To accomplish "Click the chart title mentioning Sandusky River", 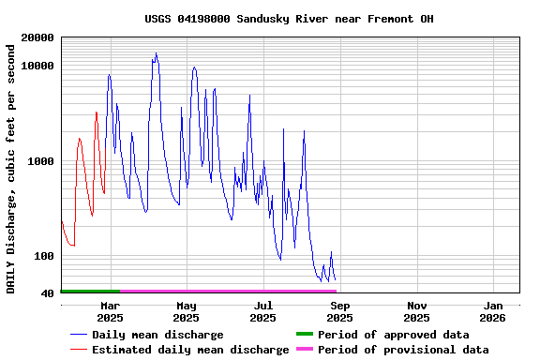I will (289, 19).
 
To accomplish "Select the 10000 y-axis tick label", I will (38, 66).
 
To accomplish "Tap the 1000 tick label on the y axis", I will (42, 161).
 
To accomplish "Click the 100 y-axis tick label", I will (45, 256).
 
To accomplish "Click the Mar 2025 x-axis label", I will (110, 311).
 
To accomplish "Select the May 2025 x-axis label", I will (187, 311).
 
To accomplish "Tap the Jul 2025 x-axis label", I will (263, 311).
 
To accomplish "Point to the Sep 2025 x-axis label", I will (340, 311).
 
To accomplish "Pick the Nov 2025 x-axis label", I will (417, 311).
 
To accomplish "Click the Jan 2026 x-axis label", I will (493, 311).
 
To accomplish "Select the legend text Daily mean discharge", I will (157, 335).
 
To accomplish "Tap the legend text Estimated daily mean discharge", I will (190, 350).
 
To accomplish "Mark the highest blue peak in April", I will (156, 53).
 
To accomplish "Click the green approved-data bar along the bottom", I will (90, 292).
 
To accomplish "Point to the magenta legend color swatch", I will (304, 350).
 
